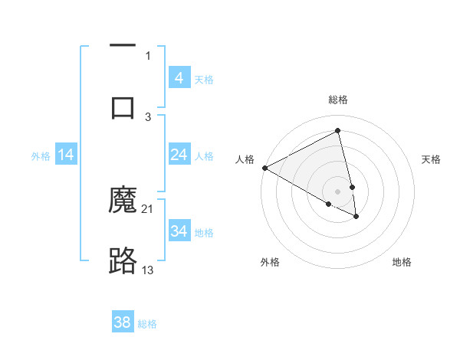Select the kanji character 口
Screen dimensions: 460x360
tap(123, 106)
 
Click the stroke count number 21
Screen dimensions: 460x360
tap(148, 209)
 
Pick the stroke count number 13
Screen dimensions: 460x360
tap(148, 270)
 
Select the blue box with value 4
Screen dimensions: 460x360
tap(179, 78)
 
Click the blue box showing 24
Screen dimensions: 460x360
tap(179, 155)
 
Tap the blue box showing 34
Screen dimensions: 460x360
tap(179, 231)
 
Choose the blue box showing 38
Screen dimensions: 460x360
tap(123, 322)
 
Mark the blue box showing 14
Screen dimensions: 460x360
tap(66, 155)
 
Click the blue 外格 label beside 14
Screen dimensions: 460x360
tap(41, 155)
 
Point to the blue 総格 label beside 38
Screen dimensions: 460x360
tap(147, 323)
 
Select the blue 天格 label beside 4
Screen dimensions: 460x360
tap(204, 79)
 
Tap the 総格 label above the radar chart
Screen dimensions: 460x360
tap(338, 100)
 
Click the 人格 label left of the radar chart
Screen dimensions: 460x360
tap(245, 159)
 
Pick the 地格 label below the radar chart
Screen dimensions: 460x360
tap(402, 262)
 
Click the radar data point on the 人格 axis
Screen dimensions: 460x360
tap(264, 168)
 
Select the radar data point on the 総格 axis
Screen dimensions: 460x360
tap(338, 131)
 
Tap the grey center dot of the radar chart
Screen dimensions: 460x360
tap(338, 191)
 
